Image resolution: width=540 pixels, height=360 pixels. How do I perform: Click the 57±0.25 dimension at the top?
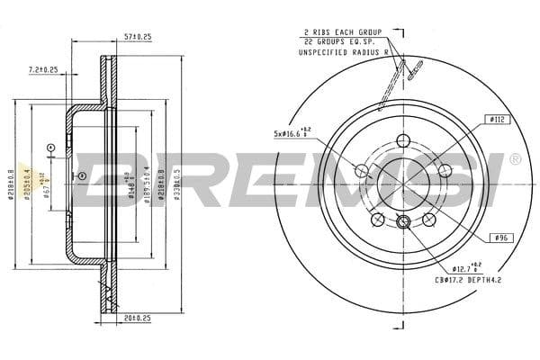point(138,38)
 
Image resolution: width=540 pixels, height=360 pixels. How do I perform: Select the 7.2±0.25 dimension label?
point(43,68)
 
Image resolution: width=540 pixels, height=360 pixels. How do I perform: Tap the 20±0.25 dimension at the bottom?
point(138,317)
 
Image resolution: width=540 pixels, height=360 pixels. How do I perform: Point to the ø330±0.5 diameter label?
point(177,179)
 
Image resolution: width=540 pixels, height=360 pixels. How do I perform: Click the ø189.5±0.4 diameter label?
point(148,179)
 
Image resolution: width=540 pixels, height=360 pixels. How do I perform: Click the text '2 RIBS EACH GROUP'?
point(343,31)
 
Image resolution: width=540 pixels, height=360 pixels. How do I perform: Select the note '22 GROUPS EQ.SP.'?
point(342,42)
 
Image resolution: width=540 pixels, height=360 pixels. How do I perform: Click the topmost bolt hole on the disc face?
point(403,139)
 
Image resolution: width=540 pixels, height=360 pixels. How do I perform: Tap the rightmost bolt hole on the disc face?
point(444,169)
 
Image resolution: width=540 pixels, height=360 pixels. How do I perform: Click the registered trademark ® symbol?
point(514,159)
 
